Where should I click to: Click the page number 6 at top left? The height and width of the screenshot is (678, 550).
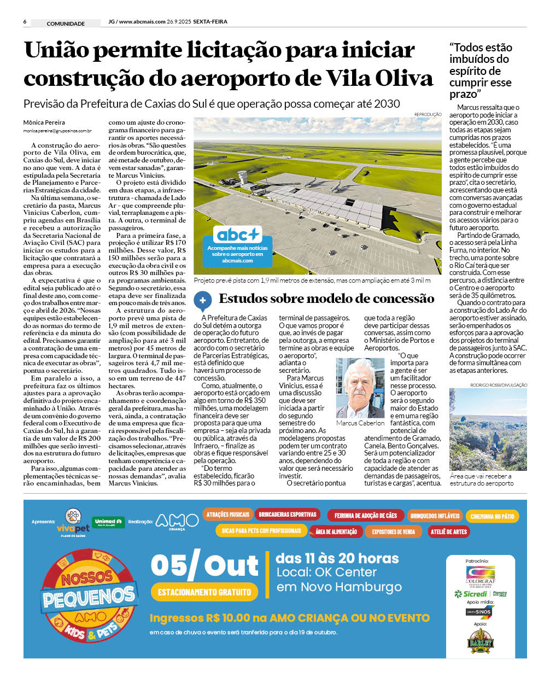[x=25, y=22]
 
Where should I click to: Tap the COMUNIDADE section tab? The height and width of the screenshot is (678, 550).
[x=66, y=24]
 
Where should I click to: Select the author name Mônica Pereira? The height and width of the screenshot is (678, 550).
[x=44, y=122]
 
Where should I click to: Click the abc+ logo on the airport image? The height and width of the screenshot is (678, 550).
[x=237, y=235]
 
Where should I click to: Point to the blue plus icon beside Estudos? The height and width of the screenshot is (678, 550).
[x=203, y=300]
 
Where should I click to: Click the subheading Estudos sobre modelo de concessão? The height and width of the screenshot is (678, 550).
[x=326, y=299]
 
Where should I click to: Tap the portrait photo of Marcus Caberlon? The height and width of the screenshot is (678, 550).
[x=360, y=388]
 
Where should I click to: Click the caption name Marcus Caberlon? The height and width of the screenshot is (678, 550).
[x=360, y=423]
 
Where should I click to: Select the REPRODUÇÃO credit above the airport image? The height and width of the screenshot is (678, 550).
[x=428, y=114]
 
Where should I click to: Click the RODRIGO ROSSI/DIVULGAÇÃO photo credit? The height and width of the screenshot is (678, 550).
[x=499, y=385]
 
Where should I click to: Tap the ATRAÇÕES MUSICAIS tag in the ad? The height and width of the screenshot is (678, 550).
[x=227, y=515]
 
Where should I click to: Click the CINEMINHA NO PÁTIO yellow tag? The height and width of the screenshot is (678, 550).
[x=492, y=516]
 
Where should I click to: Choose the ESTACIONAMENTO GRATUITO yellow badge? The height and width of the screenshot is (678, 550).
[x=204, y=592]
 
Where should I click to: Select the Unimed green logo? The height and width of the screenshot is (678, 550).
[x=108, y=522]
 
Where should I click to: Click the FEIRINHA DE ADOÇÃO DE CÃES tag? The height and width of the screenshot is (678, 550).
[x=365, y=516]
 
